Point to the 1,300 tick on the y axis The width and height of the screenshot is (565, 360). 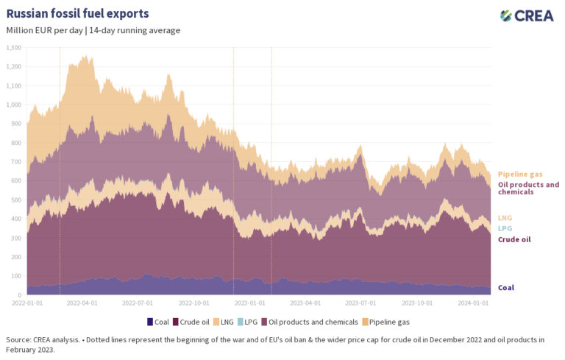tap(14, 47)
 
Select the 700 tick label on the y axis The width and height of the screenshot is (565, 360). tap(15, 161)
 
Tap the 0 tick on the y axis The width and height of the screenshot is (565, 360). tap(20, 294)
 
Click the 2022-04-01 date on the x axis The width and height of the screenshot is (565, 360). tap(81, 303)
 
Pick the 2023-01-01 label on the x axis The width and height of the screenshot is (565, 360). tap(249, 303)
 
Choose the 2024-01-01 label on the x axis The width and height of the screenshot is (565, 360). tap(474, 303)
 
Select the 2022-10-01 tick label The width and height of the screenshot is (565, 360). tap(193, 303)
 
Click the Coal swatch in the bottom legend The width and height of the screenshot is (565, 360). tap(150, 322)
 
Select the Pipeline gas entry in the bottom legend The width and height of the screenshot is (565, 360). tap(389, 322)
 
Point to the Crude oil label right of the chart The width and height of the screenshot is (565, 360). tap(514, 239)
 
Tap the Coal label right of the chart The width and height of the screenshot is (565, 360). tap(506, 288)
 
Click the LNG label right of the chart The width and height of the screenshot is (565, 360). tap(505, 217)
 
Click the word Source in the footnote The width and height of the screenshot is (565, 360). tap(18, 339)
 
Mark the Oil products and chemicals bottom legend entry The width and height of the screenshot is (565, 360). tap(317, 322)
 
